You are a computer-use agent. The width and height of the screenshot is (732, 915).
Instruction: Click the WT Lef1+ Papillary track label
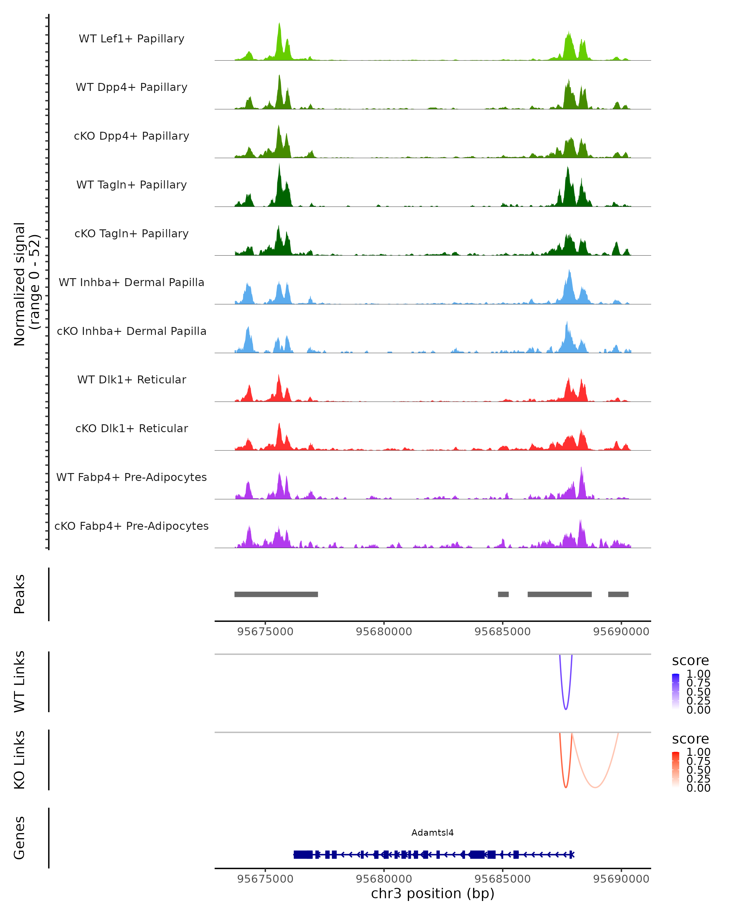click(131, 39)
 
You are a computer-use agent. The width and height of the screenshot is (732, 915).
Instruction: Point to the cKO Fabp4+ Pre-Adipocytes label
click(131, 526)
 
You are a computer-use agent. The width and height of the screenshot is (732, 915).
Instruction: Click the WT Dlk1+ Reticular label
click(131, 379)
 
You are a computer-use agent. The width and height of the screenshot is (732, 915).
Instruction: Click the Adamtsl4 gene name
click(432, 833)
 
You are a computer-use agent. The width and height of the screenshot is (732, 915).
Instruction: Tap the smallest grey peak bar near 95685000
click(503, 594)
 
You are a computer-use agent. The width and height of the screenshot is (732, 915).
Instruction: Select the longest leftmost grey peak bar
click(276, 594)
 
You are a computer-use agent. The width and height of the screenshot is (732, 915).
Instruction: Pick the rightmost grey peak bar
click(618, 594)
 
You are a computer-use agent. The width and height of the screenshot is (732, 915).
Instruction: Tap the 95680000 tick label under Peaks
click(384, 632)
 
